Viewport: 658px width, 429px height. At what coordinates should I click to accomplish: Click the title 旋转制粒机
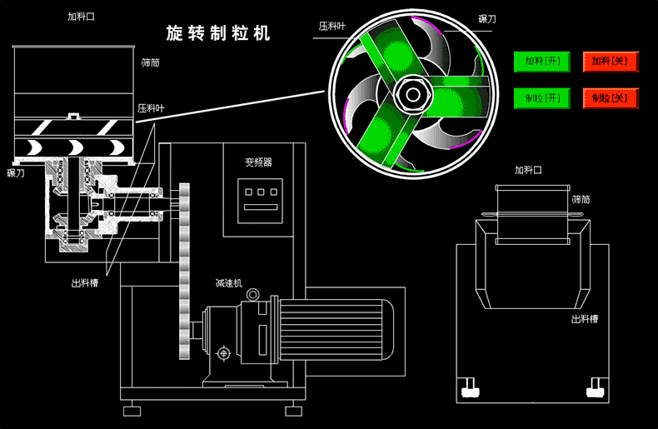point(217,34)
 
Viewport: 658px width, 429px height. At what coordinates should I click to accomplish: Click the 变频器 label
point(258,162)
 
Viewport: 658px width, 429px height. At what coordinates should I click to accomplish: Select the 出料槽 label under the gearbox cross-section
point(85,283)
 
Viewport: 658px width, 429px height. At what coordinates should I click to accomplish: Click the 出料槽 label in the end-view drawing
point(584,319)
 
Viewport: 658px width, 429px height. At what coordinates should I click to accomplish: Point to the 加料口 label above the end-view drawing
point(528,170)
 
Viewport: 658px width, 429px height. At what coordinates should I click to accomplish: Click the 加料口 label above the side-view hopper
point(80,17)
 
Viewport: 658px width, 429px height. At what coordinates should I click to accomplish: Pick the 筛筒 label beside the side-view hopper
point(151,62)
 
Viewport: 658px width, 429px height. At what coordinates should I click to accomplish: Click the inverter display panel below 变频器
point(258,201)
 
